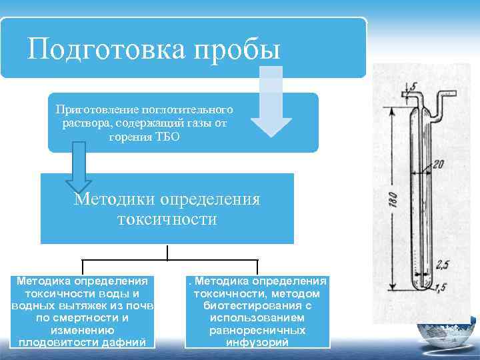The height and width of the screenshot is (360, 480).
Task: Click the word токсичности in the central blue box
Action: [x=167, y=219]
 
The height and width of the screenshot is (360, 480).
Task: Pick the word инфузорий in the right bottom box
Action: [x=257, y=343]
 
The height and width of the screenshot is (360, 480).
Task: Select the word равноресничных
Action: [x=257, y=330]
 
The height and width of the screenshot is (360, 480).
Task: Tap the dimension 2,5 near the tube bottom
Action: [x=442, y=264]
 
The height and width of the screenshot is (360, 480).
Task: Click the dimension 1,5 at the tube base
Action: [x=441, y=286]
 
